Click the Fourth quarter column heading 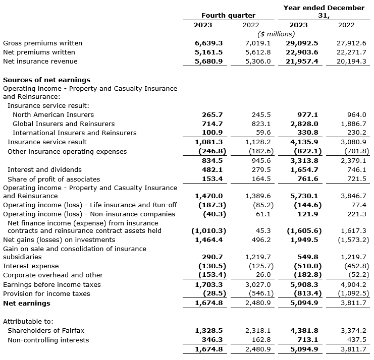tap(228, 16)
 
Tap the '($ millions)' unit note tap(276, 34)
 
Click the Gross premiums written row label tap(42, 43)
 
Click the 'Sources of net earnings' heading tap(47, 80)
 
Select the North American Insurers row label tap(53, 114)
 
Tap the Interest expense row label tap(31, 266)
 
